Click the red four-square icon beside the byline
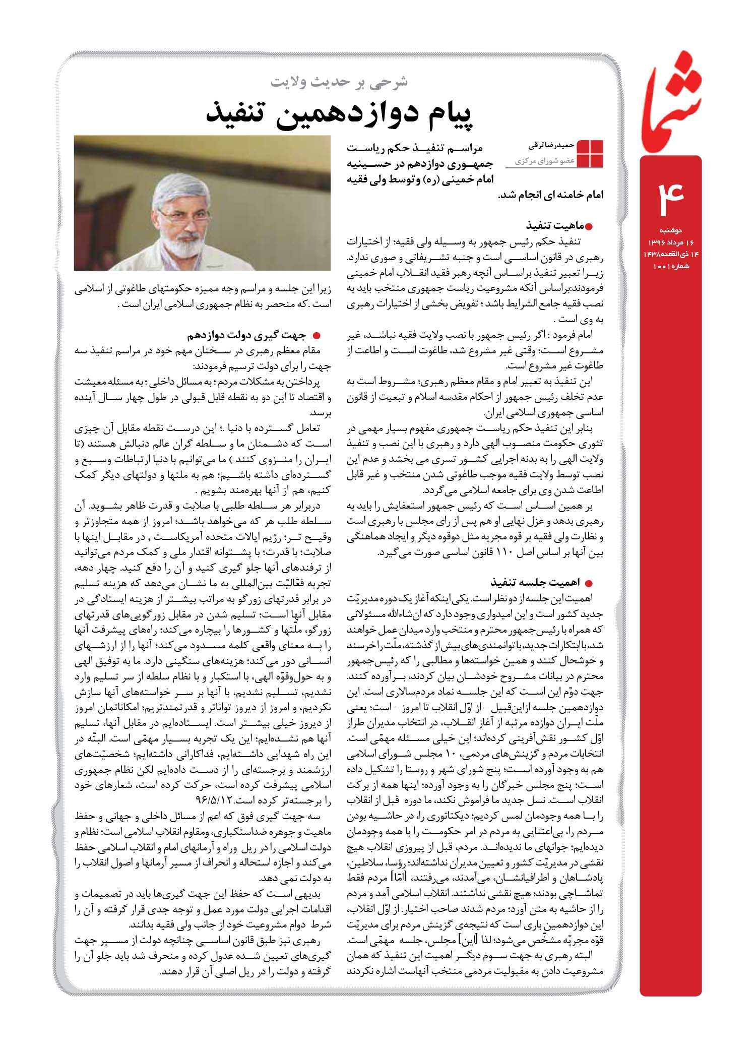pos(590,153)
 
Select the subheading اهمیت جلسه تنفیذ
pos(534,583)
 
